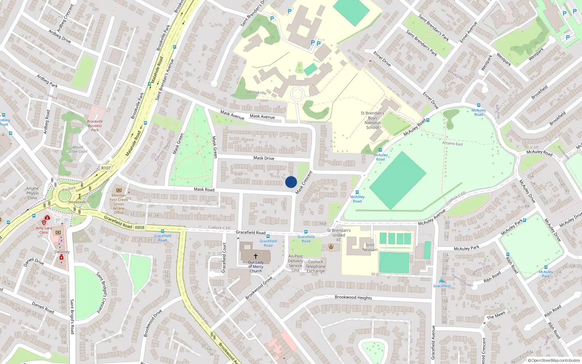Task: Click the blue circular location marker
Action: click(x=291, y=182)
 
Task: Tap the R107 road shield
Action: click(x=106, y=168)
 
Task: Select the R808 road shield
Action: click(x=140, y=227)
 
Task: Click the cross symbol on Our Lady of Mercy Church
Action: click(x=256, y=256)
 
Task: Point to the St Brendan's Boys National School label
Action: click(x=372, y=120)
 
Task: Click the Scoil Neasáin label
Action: click(x=370, y=247)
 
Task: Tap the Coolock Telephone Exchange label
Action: click(x=315, y=266)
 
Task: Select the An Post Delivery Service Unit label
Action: click(x=295, y=263)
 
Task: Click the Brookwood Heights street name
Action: click(x=353, y=297)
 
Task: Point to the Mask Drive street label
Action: click(x=264, y=158)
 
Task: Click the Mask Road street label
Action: click(x=204, y=189)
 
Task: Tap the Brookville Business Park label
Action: click(x=95, y=126)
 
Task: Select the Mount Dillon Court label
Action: click(x=78, y=149)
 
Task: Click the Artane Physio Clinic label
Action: click(x=32, y=193)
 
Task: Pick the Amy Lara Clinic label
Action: click(x=44, y=230)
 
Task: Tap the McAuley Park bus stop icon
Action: click(x=546, y=267)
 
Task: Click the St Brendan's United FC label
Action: click(x=339, y=235)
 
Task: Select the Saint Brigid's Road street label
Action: click(x=72, y=317)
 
